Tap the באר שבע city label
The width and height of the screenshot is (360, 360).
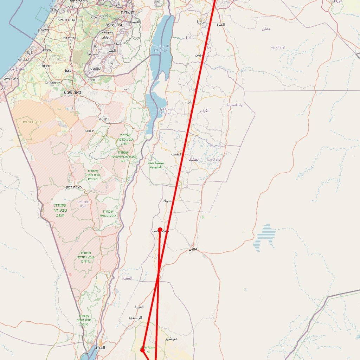73,92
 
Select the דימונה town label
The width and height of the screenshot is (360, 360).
104,119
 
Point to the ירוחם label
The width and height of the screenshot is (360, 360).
90,130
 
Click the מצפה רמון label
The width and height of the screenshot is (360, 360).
73,187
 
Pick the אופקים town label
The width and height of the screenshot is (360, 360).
51,82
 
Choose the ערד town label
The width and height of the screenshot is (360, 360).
127,90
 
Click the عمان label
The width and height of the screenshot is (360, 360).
266,28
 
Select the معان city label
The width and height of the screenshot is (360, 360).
193,249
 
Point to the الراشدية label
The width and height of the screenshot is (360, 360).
135,317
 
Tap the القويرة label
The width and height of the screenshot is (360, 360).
139,307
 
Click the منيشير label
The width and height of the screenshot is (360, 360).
171,339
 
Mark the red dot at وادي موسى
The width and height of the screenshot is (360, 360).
160,230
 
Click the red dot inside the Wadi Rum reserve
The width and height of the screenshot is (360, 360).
142,350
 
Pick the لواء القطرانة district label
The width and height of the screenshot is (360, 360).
235,105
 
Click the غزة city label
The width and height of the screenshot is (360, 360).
30,52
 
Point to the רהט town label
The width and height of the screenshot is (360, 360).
67,71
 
